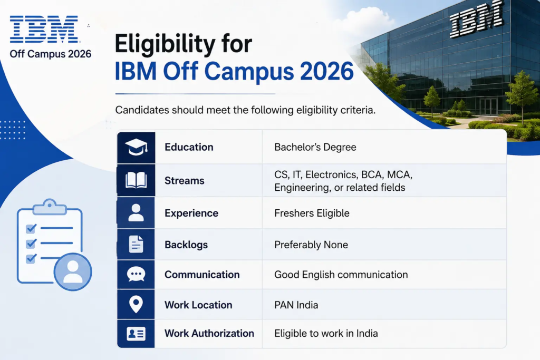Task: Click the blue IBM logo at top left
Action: click(x=44, y=30)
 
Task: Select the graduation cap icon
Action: click(x=137, y=147)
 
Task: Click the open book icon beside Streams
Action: click(x=136, y=180)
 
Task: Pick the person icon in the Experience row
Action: click(x=136, y=212)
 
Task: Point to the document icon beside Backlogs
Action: click(x=136, y=245)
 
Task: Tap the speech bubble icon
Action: click(x=136, y=274)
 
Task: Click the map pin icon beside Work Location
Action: click(x=136, y=304)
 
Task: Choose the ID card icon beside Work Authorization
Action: click(x=136, y=334)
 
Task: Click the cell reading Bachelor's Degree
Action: click(x=315, y=147)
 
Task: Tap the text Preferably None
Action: click(x=311, y=245)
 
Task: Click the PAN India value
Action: click(x=296, y=305)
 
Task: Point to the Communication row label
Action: click(x=202, y=275)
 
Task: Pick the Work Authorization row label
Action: click(x=209, y=333)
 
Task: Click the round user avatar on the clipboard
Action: click(x=73, y=271)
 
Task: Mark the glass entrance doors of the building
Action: click(x=489, y=106)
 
